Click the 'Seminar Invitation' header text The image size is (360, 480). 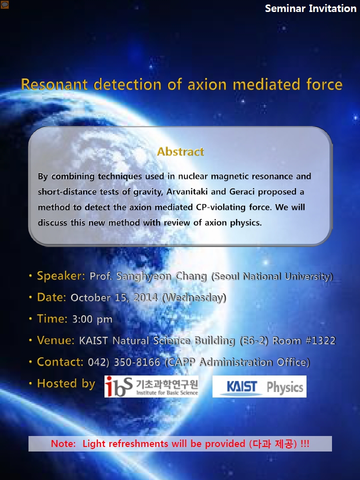coord(310,8)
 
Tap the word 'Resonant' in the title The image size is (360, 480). coord(54,84)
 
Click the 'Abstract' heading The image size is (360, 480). coord(180,151)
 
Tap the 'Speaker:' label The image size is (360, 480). coord(61,276)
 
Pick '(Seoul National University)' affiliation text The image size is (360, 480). coord(272,276)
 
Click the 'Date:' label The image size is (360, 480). coord(51,297)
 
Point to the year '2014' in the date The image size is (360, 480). coord(145,297)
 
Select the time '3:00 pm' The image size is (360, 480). coord(92,319)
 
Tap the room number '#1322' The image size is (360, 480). coord(321,340)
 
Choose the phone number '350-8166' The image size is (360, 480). coord(137,362)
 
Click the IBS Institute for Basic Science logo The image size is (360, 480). coord(151,386)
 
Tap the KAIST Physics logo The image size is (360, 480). coord(259,386)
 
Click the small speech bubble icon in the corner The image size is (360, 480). coord(4,4)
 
